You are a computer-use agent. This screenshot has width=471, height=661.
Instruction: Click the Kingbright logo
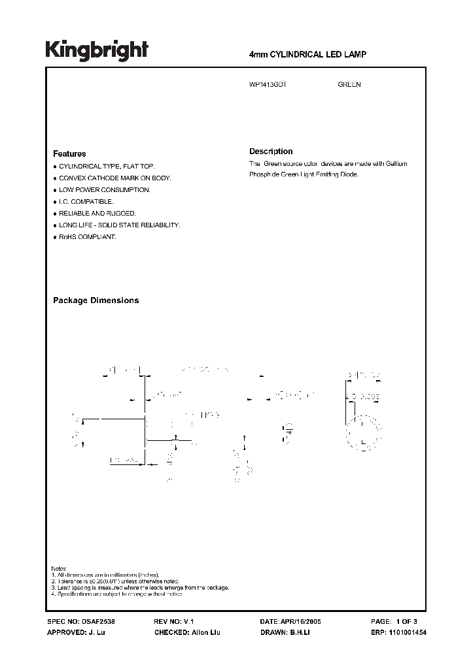pos(97,50)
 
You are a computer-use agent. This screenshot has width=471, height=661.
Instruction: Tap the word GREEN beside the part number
pos(349,85)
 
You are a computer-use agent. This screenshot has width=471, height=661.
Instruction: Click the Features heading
pos(69,154)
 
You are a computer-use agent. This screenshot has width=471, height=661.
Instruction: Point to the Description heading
pos(271,152)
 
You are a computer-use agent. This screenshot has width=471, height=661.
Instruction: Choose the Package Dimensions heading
pos(96,300)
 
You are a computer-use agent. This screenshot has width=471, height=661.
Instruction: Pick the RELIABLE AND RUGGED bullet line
pos(97,214)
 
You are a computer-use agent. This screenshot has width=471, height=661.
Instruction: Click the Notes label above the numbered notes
pos(59,569)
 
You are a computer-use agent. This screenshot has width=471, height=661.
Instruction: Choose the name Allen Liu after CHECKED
pos(202,634)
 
